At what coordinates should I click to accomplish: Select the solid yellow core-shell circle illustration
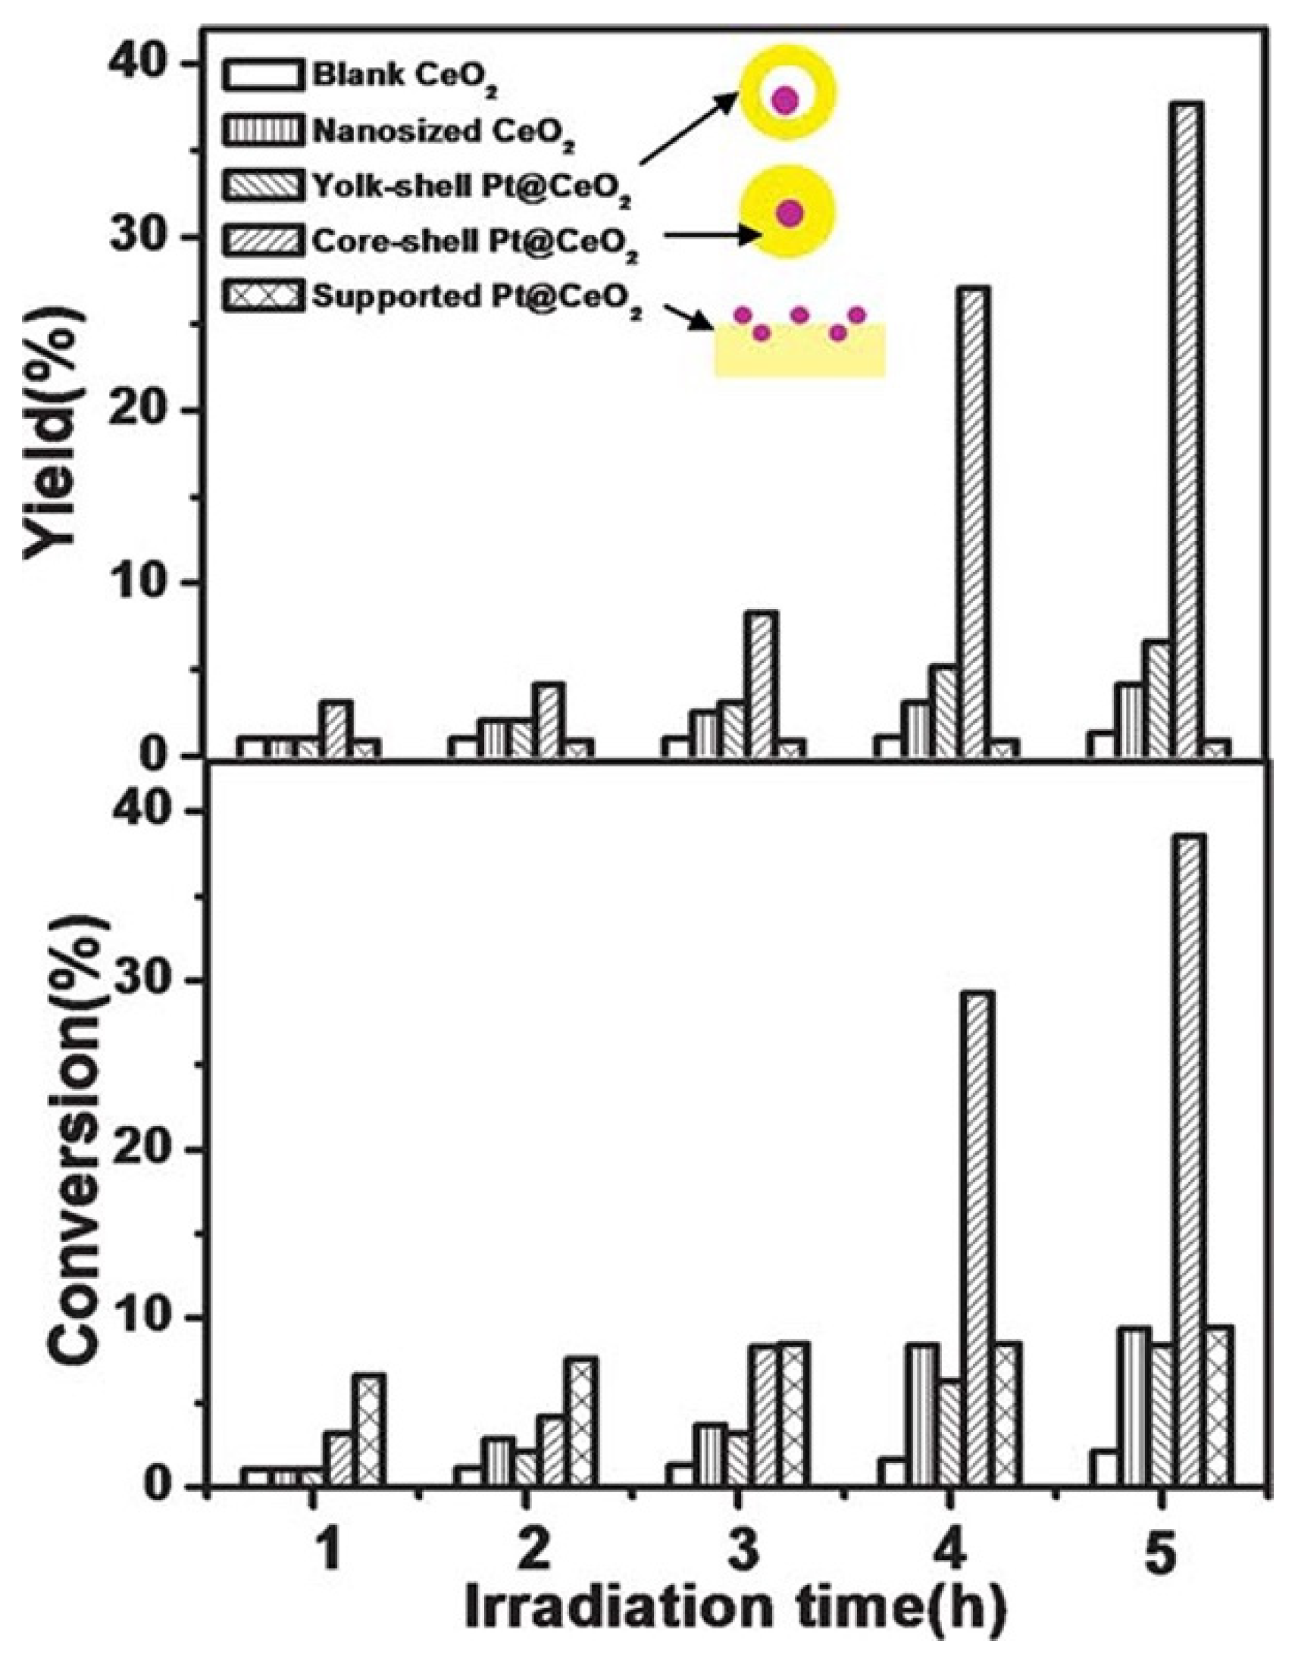790,213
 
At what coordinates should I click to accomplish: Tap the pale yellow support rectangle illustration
799,353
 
